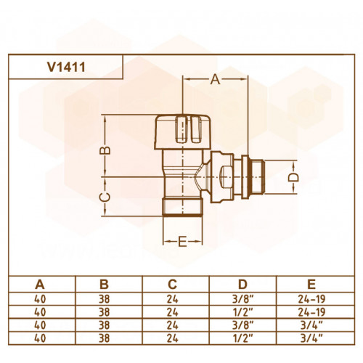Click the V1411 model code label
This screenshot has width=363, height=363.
(x=66, y=67)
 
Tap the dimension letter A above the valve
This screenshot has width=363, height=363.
(x=215, y=79)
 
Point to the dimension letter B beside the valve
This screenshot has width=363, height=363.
(x=105, y=150)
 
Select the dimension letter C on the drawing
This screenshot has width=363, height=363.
(x=105, y=197)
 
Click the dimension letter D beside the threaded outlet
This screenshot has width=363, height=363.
(x=293, y=177)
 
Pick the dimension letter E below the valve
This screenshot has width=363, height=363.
(x=182, y=242)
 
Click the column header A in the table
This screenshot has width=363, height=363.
(x=40, y=284)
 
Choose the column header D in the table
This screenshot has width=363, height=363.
(x=242, y=284)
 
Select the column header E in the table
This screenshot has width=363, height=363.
(x=311, y=284)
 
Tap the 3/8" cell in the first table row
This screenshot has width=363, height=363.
(x=242, y=299)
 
